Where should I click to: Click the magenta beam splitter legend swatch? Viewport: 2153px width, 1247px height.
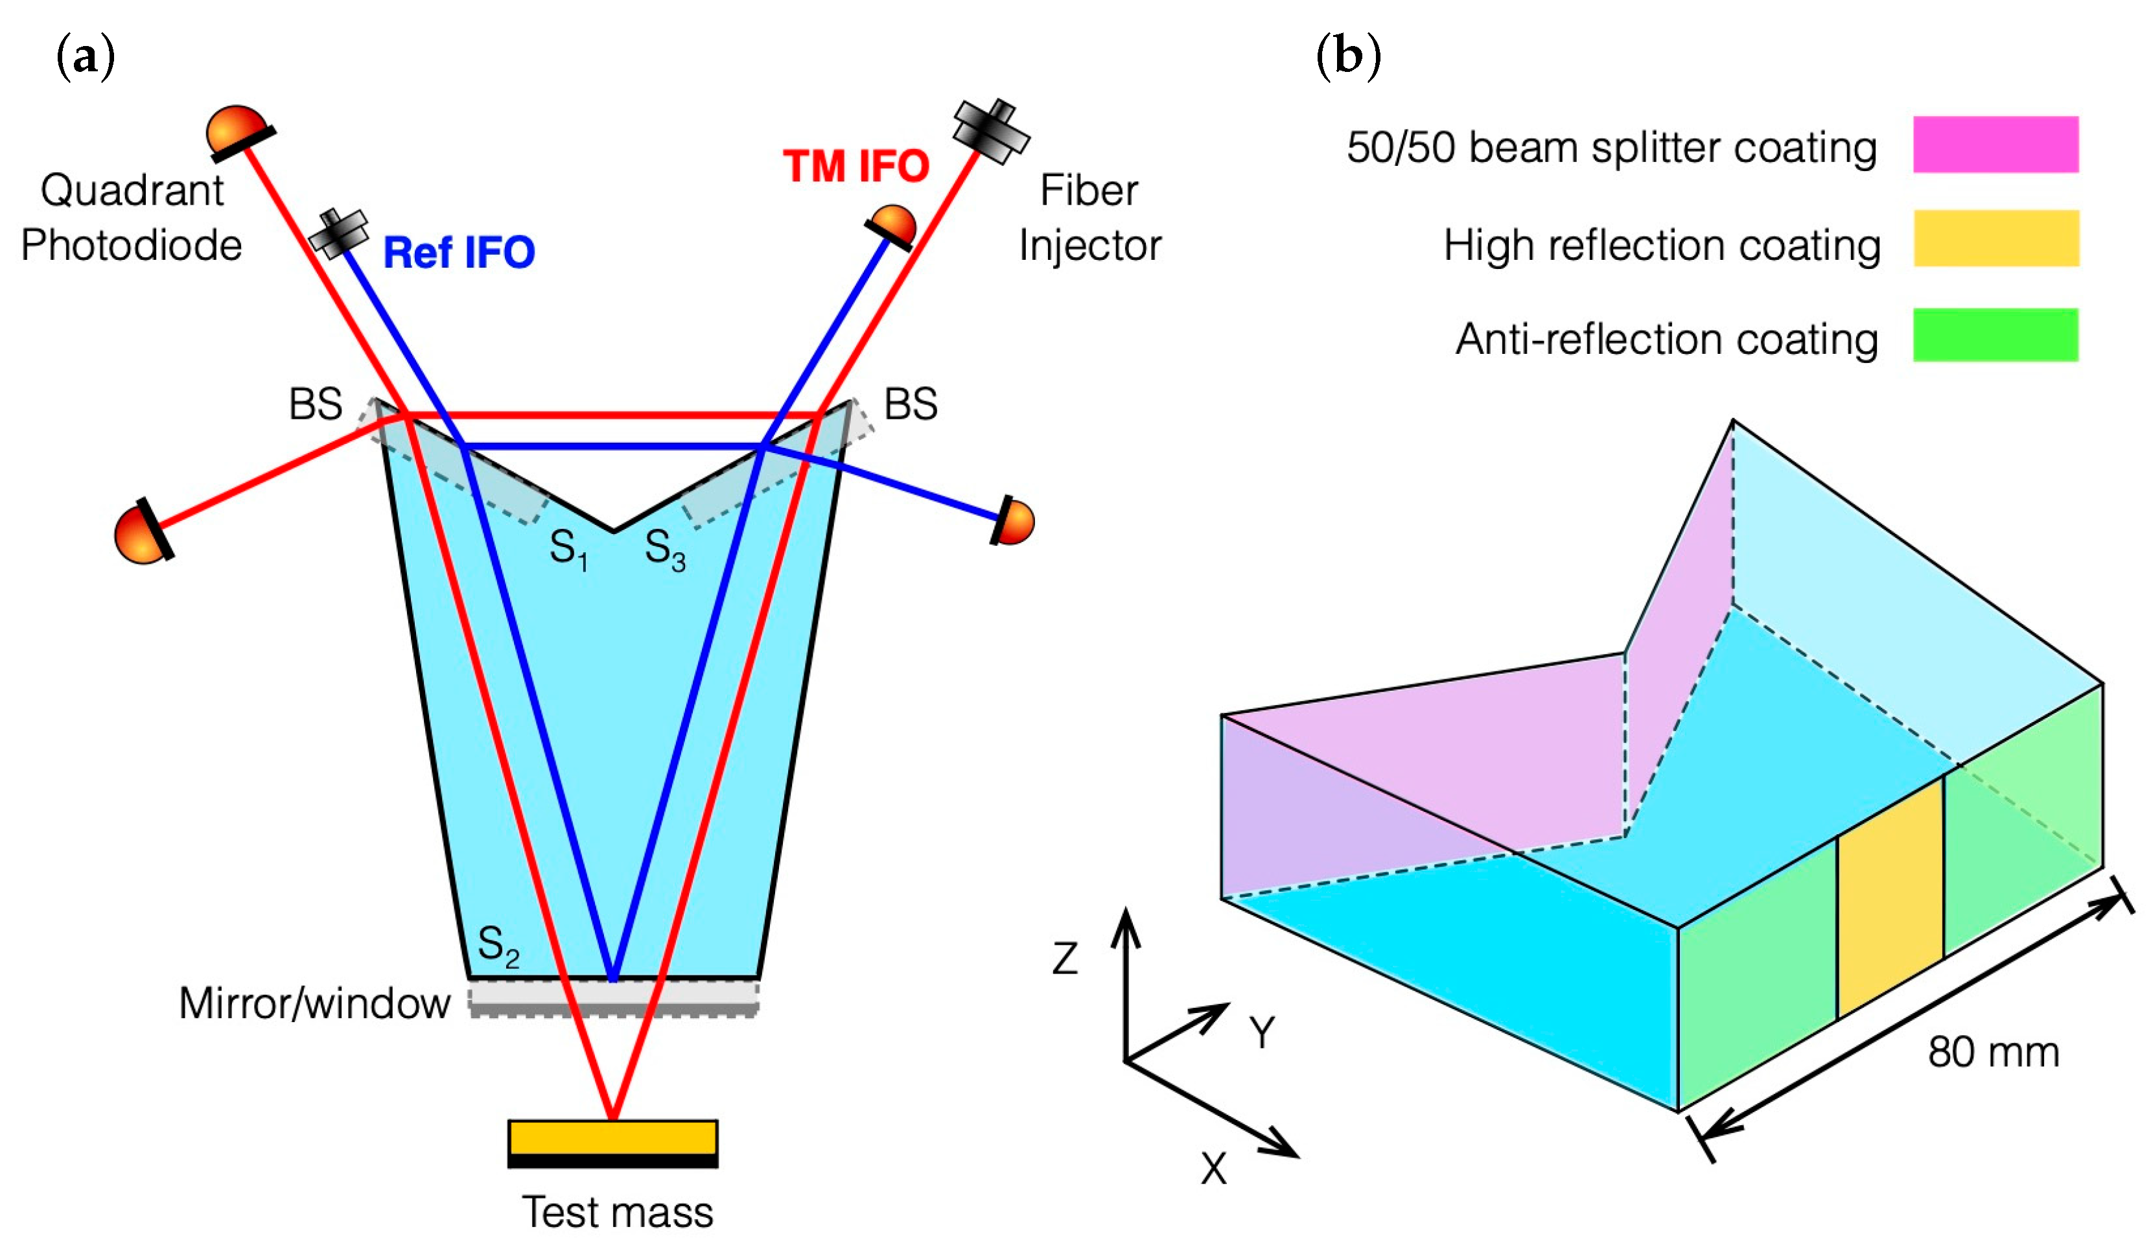[x=1994, y=145]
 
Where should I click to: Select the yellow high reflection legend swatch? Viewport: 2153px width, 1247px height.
[x=1994, y=239]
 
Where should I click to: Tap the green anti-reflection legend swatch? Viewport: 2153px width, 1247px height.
[x=1994, y=335]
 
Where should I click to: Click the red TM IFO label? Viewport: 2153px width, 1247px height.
[x=855, y=166]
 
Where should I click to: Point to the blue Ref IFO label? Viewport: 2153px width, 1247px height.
[x=459, y=253]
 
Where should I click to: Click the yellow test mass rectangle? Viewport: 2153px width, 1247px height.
[x=612, y=1137]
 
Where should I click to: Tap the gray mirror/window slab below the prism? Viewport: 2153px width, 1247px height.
[x=612, y=997]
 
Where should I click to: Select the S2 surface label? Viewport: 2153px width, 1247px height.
[x=498, y=947]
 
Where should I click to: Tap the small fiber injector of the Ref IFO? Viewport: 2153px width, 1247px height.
[x=338, y=232]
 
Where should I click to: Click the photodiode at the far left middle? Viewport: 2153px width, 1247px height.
[x=143, y=534]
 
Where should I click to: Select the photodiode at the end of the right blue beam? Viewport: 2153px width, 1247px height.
[x=1013, y=520]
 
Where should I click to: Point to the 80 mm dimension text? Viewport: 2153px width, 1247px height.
[x=1992, y=1053]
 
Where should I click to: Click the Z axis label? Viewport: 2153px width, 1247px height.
[x=1065, y=959]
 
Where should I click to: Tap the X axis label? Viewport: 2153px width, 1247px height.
[x=1213, y=1169]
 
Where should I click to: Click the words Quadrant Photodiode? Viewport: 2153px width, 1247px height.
[x=132, y=218]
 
